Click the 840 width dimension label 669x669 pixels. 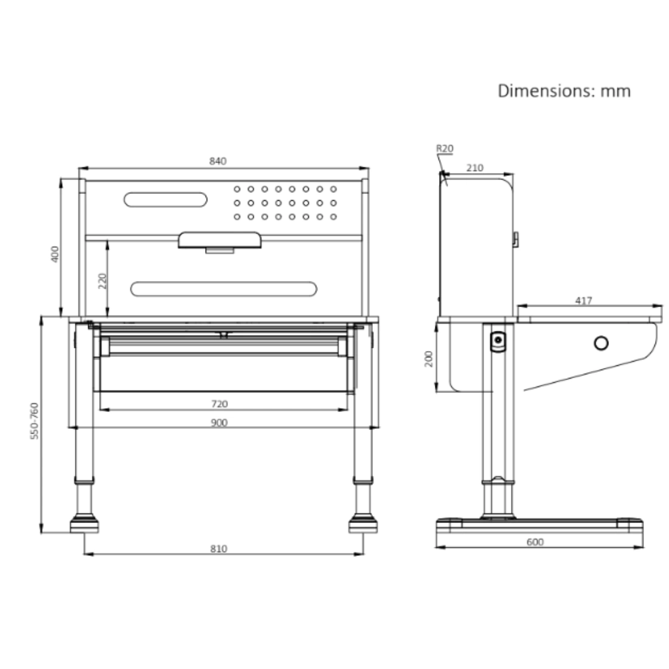coord(218,161)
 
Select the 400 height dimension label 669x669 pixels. coord(55,254)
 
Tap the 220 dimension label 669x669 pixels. coord(102,280)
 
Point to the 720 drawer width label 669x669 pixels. coord(219,404)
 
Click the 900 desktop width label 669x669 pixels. coord(219,423)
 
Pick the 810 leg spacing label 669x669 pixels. coord(218,549)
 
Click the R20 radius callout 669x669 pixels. coord(445,148)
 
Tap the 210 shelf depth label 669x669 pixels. coord(475,168)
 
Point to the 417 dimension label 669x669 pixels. coord(583,300)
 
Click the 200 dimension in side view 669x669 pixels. coord(428,359)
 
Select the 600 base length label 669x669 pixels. coord(535,542)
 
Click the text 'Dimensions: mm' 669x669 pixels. coord(564,91)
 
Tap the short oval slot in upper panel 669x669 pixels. coord(165,200)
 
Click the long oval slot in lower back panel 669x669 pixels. coord(223,289)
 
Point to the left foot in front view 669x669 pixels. coord(84,524)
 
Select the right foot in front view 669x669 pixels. coord(363,524)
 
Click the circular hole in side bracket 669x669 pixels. coord(600,344)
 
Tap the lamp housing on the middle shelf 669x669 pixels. coord(220,240)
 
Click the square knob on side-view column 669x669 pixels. coord(498,341)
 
